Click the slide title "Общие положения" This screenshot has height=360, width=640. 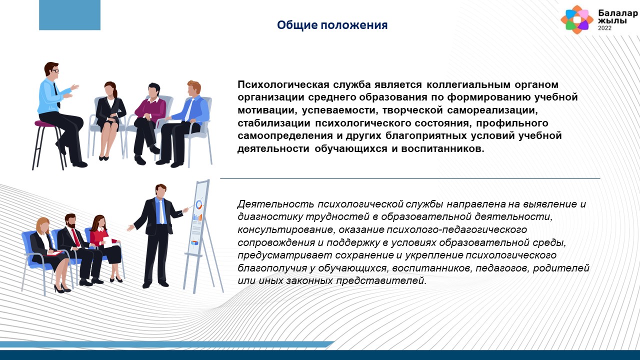(332, 25)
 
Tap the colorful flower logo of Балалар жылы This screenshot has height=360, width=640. (577, 19)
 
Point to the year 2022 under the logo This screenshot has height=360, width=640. (605, 28)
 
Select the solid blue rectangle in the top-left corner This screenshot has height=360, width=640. (69, 15)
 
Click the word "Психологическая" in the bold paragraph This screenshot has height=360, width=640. (281, 84)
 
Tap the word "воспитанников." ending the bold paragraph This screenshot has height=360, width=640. (443, 148)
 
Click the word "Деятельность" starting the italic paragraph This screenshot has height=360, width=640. (275, 204)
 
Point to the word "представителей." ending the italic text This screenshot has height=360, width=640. (381, 280)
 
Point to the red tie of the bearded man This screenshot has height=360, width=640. (75, 237)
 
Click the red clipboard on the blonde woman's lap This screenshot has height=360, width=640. (55, 253)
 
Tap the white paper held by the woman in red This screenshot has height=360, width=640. (108, 242)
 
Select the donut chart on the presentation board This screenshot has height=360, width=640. (199, 204)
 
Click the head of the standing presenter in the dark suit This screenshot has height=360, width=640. (160, 190)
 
